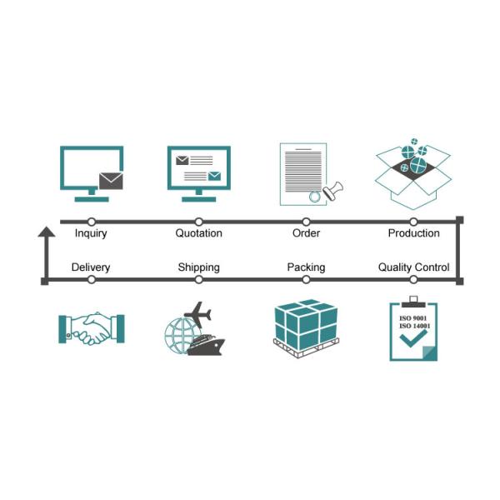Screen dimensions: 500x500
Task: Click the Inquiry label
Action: pyautogui.click(x=91, y=233)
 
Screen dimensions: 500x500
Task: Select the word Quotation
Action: pyautogui.click(x=198, y=233)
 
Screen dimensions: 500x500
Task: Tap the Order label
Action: pyautogui.click(x=306, y=233)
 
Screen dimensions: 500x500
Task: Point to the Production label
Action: pyautogui.click(x=413, y=233)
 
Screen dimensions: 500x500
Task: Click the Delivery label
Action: pyautogui.click(x=91, y=267)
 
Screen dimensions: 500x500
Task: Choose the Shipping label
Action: pyautogui.click(x=198, y=267)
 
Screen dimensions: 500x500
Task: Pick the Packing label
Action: pyautogui.click(x=306, y=267)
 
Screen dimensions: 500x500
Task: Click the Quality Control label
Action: pyautogui.click(x=413, y=267)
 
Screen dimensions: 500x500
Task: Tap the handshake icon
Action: pyautogui.click(x=91, y=328)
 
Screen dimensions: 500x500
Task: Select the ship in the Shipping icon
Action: pyautogui.click(x=204, y=344)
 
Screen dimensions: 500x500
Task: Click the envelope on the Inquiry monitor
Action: pyautogui.click(x=110, y=180)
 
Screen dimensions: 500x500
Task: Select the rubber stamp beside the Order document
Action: pyautogui.click(x=334, y=189)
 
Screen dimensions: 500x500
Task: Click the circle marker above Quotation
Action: pyautogui.click(x=198, y=222)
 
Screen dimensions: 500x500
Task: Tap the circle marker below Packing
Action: pyautogui.click(x=306, y=280)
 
